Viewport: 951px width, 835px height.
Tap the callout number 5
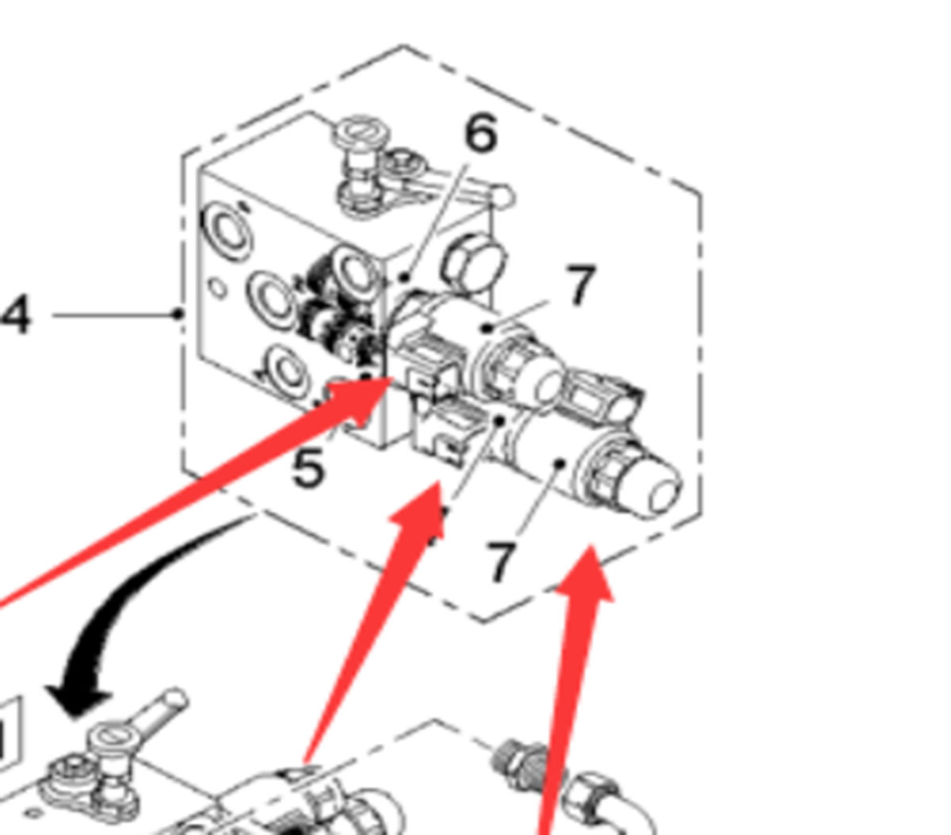(x=308, y=467)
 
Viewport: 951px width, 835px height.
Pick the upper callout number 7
(x=580, y=284)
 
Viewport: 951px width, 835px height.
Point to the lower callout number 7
(x=501, y=561)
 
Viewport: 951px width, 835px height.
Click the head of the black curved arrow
(x=78, y=700)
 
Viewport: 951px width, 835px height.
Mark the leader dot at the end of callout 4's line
(x=178, y=314)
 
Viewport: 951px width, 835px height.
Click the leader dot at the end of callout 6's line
(x=405, y=278)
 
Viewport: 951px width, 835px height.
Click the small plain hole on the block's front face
(x=217, y=288)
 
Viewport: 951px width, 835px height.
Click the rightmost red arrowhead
(x=586, y=573)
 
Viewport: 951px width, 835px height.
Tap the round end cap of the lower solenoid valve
(x=661, y=490)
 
